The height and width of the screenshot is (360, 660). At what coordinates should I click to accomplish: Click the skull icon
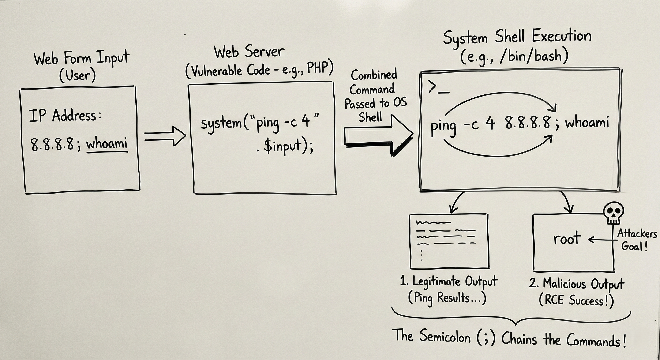(613, 212)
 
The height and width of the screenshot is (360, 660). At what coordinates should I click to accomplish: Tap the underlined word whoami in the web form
(107, 144)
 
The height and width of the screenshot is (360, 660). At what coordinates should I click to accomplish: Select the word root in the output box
(567, 239)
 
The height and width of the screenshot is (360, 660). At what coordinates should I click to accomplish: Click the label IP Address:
(65, 116)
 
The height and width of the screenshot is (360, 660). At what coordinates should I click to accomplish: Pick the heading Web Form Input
(82, 58)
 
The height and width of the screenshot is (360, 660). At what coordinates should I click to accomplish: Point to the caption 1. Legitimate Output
(448, 281)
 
